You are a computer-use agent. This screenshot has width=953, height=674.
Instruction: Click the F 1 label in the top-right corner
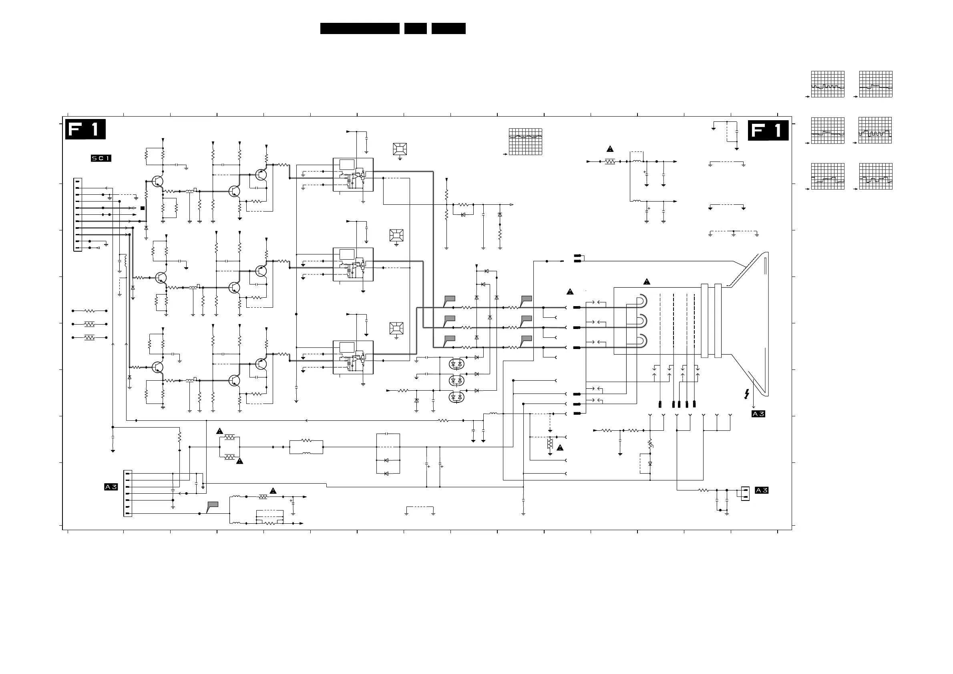click(768, 130)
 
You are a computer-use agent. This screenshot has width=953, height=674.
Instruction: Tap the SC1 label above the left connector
click(101, 158)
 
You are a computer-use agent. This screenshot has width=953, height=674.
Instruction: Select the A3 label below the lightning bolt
click(758, 414)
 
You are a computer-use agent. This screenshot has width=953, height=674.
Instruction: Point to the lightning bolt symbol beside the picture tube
click(747, 394)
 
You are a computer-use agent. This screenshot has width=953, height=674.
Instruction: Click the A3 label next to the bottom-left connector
click(111, 487)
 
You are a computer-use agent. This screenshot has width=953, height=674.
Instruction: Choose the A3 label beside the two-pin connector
click(762, 490)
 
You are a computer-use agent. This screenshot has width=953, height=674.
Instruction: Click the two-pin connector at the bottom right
click(745, 493)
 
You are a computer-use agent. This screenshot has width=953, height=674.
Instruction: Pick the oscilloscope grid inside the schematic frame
click(525, 141)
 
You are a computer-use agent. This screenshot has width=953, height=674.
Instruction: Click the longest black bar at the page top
click(360, 28)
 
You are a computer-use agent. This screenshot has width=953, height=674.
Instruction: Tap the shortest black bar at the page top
click(416, 28)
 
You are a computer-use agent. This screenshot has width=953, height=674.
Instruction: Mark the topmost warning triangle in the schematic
click(610, 149)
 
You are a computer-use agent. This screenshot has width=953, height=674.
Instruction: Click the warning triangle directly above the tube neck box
click(647, 282)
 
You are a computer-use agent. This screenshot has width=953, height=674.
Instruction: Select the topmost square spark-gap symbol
click(400, 149)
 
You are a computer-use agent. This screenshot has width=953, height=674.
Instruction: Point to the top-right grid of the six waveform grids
click(876, 84)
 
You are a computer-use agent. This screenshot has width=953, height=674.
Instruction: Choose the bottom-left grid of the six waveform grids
click(828, 176)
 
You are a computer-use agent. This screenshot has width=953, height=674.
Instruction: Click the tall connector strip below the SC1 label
click(78, 215)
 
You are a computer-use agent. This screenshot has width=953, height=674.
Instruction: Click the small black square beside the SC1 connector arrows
click(143, 208)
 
